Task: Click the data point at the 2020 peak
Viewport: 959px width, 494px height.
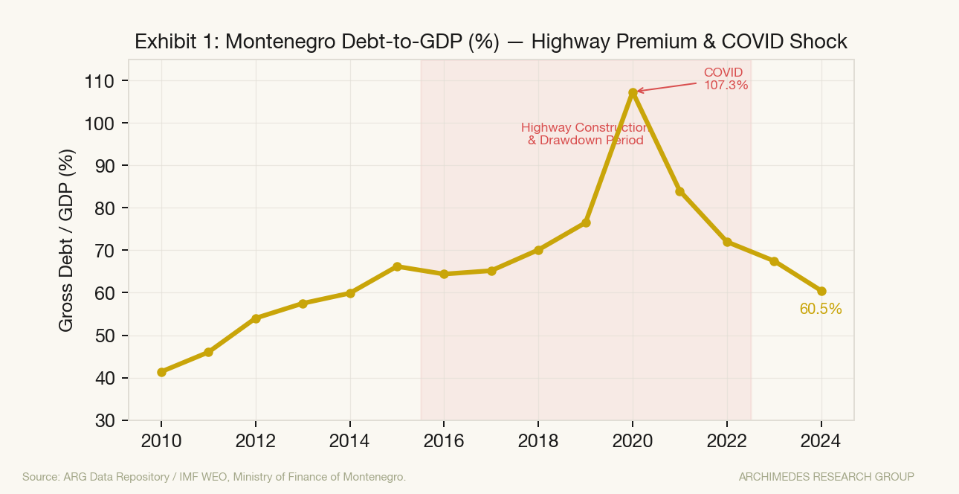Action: point(633,92)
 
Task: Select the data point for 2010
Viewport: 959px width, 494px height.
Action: point(161,372)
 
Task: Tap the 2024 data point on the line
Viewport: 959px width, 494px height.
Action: point(821,291)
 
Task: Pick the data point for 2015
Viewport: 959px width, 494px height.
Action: point(397,266)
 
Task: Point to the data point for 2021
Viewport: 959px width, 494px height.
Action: point(679,192)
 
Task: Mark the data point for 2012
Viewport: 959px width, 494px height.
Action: point(256,318)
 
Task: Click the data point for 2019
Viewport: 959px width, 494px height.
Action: point(586,222)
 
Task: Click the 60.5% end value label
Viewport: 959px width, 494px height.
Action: point(821,309)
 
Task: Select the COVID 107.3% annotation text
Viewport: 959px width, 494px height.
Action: point(726,79)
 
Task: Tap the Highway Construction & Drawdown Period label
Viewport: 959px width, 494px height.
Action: point(586,134)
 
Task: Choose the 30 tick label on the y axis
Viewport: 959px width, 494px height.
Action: point(105,421)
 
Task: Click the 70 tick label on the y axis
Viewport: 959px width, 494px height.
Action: point(105,251)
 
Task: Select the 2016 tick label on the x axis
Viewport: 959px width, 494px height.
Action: point(444,441)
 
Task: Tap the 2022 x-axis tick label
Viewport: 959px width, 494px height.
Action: point(726,441)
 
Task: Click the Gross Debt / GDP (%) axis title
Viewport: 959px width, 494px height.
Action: point(66,240)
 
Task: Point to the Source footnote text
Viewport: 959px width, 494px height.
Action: point(214,477)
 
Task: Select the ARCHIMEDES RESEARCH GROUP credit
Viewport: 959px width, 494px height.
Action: point(826,477)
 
